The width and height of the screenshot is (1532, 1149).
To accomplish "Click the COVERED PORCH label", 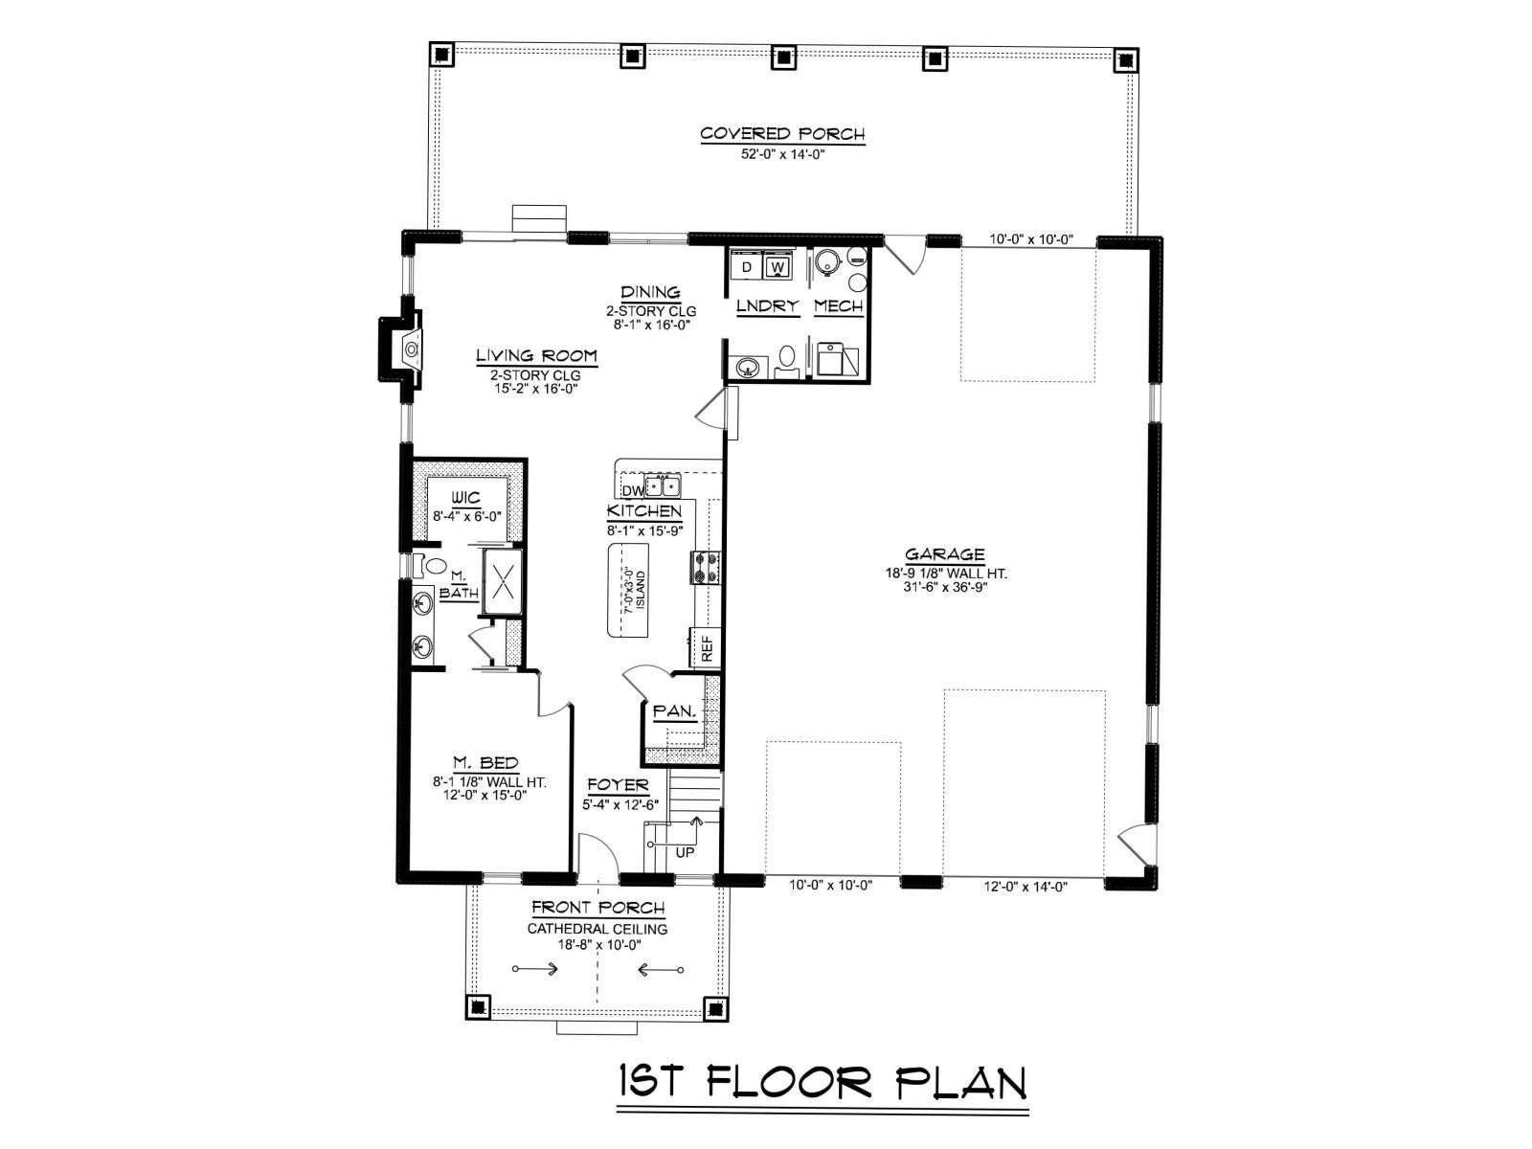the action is point(781,133).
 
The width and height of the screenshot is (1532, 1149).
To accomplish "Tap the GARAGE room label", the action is point(945,554).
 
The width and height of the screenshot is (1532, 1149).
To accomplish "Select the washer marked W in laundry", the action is point(777,266).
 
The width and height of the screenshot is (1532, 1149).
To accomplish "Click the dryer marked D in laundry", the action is point(747,266).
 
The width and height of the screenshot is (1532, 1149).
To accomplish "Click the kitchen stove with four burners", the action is point(705,567).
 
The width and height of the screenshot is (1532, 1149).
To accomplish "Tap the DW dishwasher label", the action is point(632,489).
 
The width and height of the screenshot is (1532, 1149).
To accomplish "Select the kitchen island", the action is point(628,590).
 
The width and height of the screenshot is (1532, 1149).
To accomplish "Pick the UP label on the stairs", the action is point(685,852).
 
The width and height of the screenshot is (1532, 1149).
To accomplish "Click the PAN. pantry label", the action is point(674,711).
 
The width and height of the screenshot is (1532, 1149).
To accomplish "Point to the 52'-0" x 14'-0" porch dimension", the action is point(782,153).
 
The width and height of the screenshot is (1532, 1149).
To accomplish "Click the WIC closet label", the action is point(465,497).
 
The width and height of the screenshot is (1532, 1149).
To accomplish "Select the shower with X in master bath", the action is point(502,580).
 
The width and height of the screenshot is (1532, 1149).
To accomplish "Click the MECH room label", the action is point(838,305).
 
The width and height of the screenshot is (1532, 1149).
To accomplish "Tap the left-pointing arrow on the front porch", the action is point(661,968).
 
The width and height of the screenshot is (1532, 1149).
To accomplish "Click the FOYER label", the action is point(618,784).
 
